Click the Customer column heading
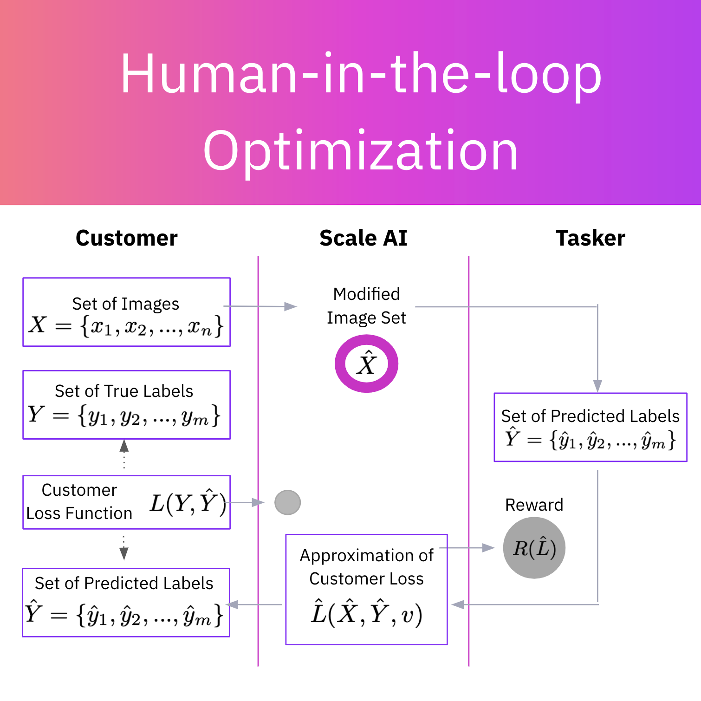126,238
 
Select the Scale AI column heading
363,238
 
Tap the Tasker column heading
590,238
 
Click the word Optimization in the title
360,151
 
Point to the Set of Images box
126,312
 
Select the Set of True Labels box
126,404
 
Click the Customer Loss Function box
126,502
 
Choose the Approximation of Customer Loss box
366,589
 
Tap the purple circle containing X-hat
366,364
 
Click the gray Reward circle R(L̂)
534,548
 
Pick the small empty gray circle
287,502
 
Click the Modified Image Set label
366,306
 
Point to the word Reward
534,505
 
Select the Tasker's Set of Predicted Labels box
590,427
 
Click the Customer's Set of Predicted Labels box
126,602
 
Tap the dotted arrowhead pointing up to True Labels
124,446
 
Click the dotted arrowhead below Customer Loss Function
123,553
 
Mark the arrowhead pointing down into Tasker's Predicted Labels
597,386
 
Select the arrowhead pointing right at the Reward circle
488,548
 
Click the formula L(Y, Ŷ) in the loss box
188,502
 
